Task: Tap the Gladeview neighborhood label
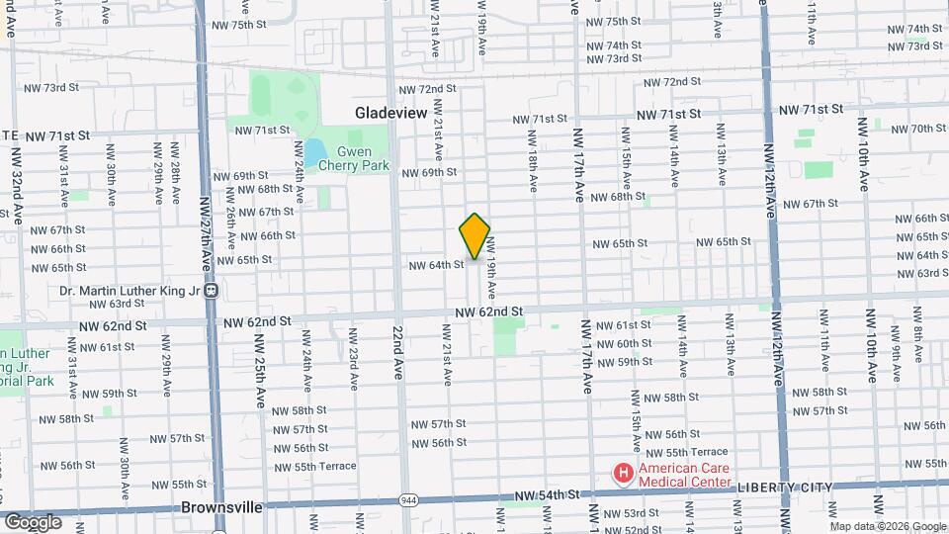point(391,113)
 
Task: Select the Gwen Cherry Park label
point(354,158)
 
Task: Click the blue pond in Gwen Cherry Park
point(312,152)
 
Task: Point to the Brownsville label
point(222,507)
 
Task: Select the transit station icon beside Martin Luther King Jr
point(211,291)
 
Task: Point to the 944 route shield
point(407,500)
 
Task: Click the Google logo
point(33,521)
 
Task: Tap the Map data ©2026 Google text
point(887,526)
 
